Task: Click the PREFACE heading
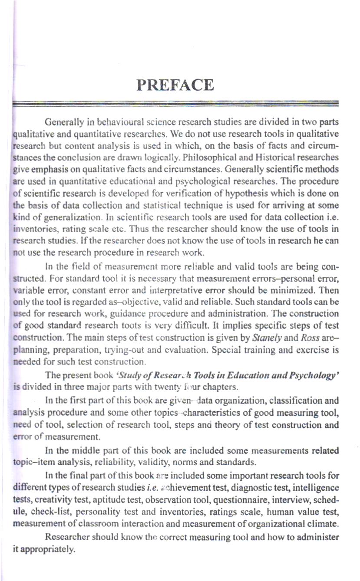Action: (x=175, y=85)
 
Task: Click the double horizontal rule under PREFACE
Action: (x=175, y=103)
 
